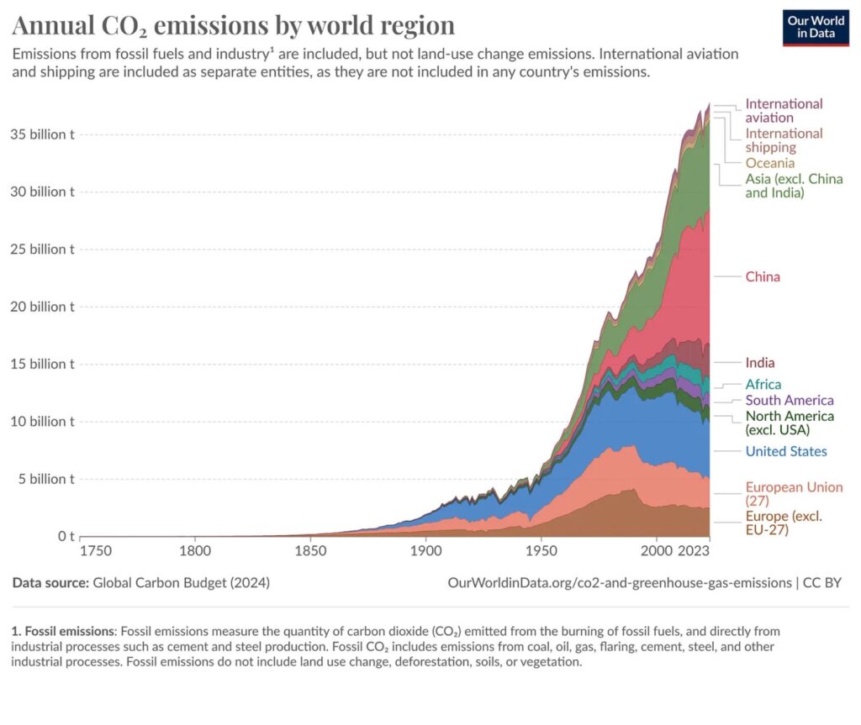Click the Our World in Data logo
point(816,27)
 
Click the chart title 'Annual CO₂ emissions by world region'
point(233,25)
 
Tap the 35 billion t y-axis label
point(42,134)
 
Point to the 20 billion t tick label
point(42,307)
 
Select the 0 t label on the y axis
point(65,536)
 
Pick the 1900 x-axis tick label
point(426,553)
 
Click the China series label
point(763,276)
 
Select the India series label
point(760,363)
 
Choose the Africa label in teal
point(763,385)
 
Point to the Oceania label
point(769,163)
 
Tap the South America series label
point(790,401)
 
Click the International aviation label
point(784,110)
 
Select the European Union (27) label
point(794,493)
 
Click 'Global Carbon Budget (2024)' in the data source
point(181,582)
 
